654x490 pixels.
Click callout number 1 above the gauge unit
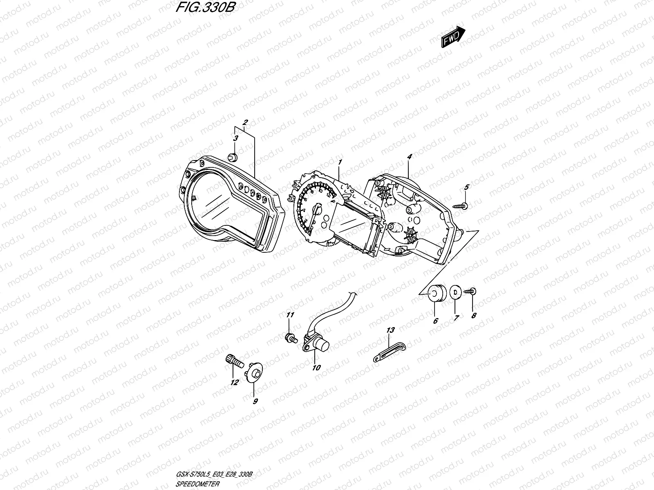[339, 163]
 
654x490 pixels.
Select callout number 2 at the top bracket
[245, 122]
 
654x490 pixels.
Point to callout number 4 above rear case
[410, 156]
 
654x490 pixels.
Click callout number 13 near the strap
[390, 330]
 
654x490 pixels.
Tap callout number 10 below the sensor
[316, 368]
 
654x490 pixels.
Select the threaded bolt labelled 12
[233, 361]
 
